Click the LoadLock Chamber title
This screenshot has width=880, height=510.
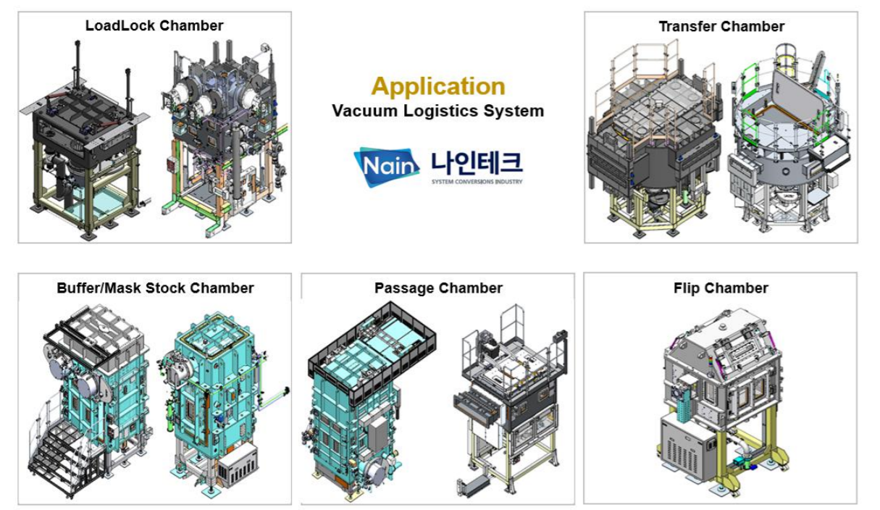tap(154, 26)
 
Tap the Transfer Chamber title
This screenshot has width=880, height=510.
tap(721, 27)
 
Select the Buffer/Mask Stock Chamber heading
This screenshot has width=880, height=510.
tap(155, 288)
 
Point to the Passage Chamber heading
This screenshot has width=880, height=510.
tap(438, 288)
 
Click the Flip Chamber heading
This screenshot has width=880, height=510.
tap(721, 288)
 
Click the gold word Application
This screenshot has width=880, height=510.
tap(438, 86)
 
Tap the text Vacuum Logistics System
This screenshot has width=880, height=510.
tap(438, 111)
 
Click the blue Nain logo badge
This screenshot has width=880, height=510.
tap(387, 167)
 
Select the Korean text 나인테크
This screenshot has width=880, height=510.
tap(477, 163)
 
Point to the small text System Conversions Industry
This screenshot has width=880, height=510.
tap(477, 182)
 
